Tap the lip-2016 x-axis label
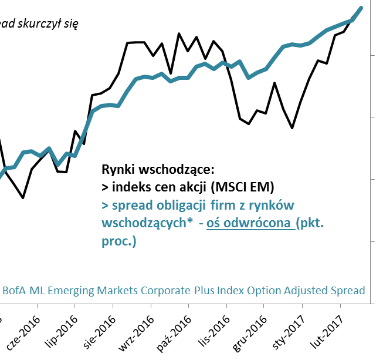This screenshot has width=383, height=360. click(x=59, y=332)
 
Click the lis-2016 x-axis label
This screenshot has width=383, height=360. click(x=211, y=331)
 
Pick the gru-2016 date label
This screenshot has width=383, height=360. click(x=248, y=332)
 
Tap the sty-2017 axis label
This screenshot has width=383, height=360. click(x=286, y=332)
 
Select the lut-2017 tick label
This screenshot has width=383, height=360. click(x=324, y=332)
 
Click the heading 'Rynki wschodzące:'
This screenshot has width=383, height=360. click(x=158, y=170)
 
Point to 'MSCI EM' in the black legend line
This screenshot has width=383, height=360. click(x=242, y=187)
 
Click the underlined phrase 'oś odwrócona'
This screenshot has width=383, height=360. click(x=251, y=223)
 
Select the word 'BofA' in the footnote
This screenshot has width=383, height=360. click(x=16, y=290)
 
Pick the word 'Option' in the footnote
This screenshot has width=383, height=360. click(x=264, y=290)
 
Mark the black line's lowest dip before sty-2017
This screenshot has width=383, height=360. click(x=292, y=127)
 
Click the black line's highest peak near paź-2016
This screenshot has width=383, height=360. click(x=179, y=34)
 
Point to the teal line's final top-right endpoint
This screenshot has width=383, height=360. click(x=361, y=8)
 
